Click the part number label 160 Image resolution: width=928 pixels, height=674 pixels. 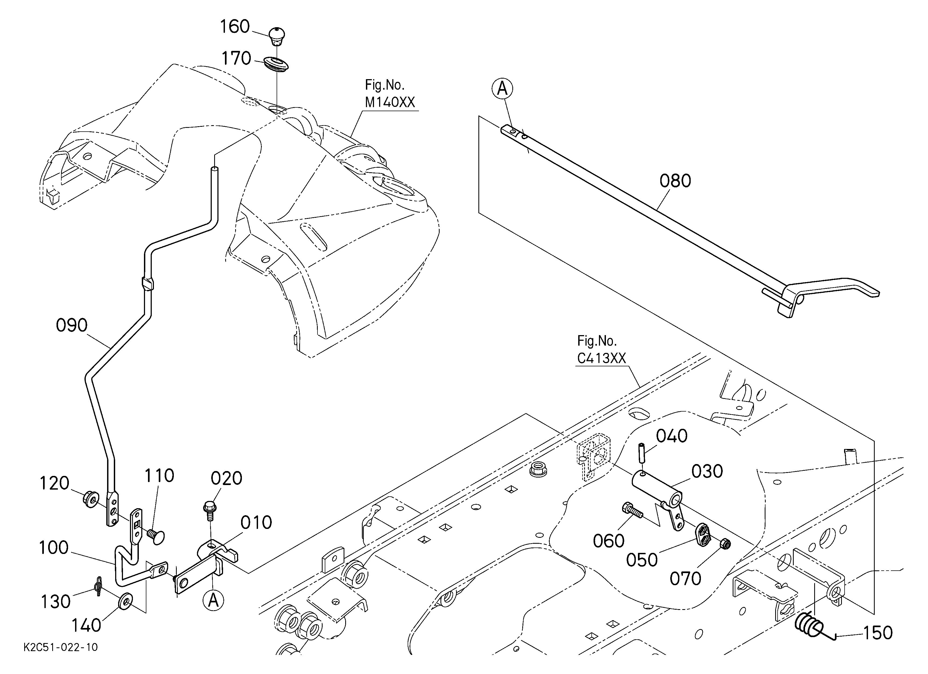click(x=235, y=27)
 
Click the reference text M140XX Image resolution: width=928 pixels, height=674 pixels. click(x=390, y=102)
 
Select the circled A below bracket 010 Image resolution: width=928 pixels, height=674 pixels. click(x=213, y=600)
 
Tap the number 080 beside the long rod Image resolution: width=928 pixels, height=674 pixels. click(x=675, y=181)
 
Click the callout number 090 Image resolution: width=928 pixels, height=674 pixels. click(x=72, y=325)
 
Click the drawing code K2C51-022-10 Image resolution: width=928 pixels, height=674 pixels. click(x=61, y=647)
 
